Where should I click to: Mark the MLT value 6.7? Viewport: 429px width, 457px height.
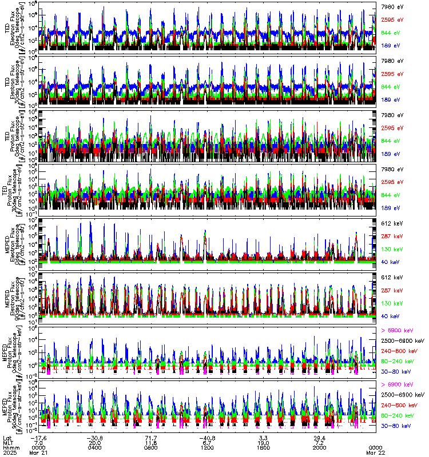click(x=208, y=442)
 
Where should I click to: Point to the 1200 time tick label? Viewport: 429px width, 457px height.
click(x=208, y=447)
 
